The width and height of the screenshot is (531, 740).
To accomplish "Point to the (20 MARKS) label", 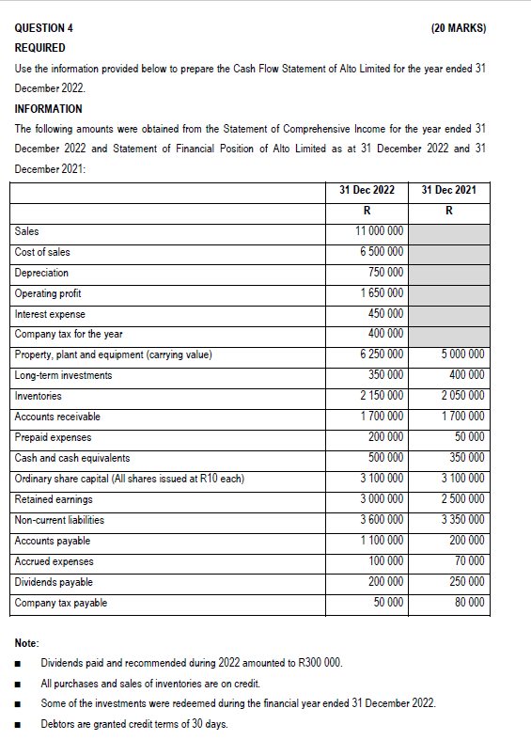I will coord(459,28).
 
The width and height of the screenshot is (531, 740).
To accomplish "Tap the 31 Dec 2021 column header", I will coord(449,190).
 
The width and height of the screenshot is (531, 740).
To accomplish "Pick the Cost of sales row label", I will coord(42,252).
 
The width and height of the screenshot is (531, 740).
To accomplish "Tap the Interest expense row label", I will coord(50,314).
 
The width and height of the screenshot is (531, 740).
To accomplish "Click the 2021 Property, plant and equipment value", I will coord(461,354).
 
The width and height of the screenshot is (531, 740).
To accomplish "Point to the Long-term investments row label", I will coord(63,375).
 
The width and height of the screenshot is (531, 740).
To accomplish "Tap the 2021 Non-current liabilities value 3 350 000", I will coord(461,520).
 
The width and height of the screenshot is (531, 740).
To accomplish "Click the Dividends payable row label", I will coord(54,582).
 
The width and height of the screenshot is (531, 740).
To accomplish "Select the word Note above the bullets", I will coord(27,643).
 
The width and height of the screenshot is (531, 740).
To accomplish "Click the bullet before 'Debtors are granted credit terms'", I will coord(19,724).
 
